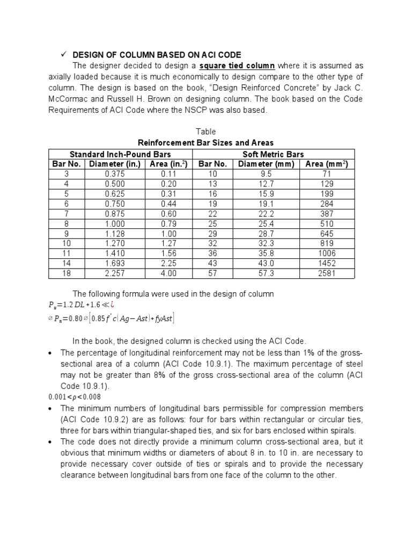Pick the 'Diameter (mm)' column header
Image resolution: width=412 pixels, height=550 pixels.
pyautogui.click(x=267, y=164)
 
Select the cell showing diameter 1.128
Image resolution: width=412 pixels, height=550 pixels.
pyautogui.click(x=114, y=234)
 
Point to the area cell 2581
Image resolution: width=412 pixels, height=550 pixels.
pyautogui.click(x=327, y=273)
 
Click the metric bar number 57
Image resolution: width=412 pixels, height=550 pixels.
pyautogui.click(x=212, y=273)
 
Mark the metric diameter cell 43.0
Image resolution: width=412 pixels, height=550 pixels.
pyautogui.click(x=267, y=263)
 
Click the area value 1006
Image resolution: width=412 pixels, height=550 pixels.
pyautogui.click(x=327, y=254)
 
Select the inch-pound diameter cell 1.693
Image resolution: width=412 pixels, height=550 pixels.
pyautogui.click(x=114, y=263)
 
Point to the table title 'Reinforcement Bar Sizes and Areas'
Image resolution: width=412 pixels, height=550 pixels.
pyautogui.click(x=206, y=142)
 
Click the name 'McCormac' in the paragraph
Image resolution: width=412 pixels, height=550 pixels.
pyautogui.click(x=69, y=100)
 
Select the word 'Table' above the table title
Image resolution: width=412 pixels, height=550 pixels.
pyautogui.click(x=206, y=132)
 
